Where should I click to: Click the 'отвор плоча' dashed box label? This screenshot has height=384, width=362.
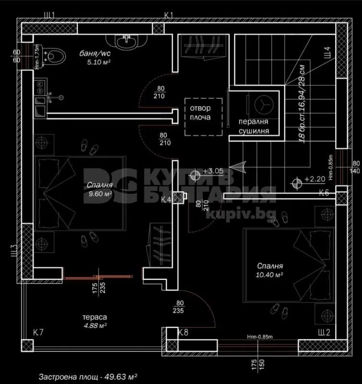coord(204,113)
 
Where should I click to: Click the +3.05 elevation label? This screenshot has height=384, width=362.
coord(213,171)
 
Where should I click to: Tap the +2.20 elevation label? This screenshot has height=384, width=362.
coord(314,181)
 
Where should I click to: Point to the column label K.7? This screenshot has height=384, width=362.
coord(38,332)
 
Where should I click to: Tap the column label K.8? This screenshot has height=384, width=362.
coord(183,332)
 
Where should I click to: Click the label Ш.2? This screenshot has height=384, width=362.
coord(324,332)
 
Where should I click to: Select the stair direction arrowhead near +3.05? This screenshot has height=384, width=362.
coord(241,166)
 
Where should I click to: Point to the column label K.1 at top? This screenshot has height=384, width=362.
coord(168,16)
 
